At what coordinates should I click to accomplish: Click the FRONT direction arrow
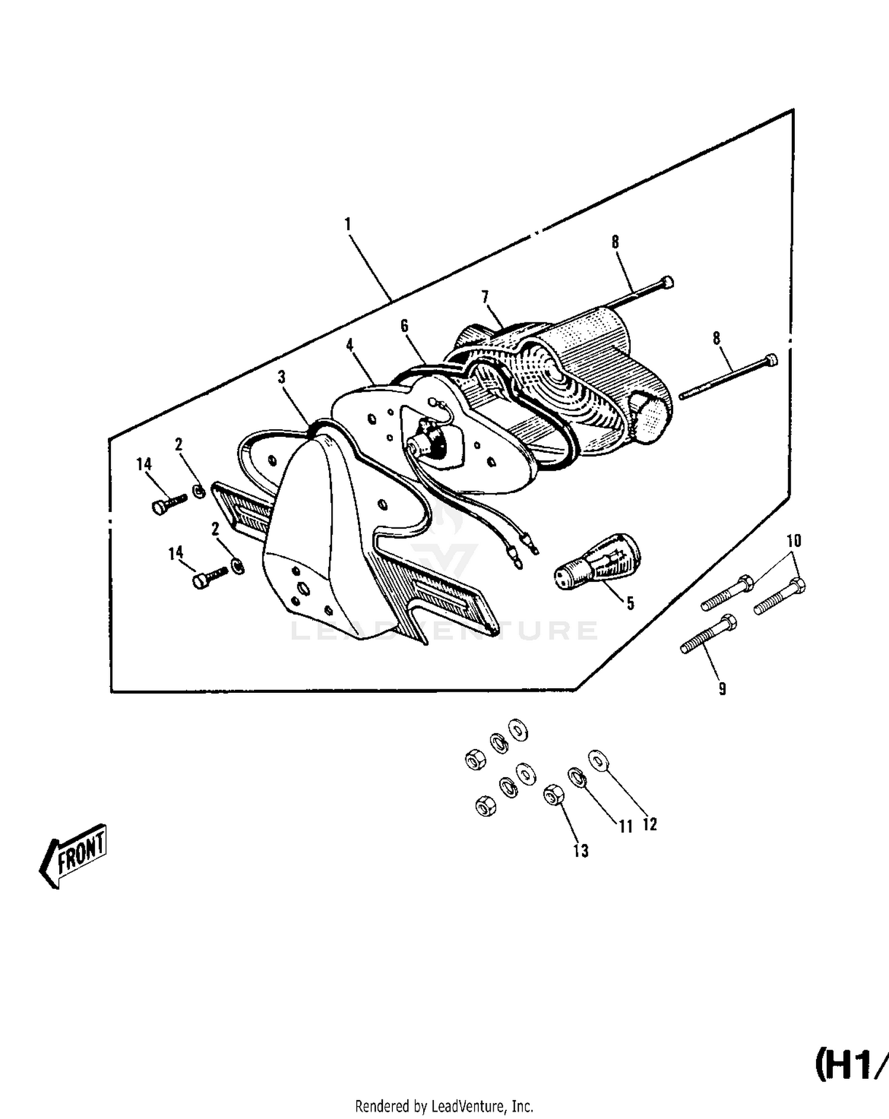[x=73, y=855]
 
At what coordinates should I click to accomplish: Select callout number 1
[x=348, y=225]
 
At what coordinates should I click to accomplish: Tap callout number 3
[x=282, y=377]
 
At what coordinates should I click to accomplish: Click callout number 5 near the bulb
[x=630, y=603]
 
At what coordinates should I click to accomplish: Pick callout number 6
[x=405, y=325]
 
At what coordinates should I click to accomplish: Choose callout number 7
[x=485, y=296]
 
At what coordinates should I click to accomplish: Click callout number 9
[x=722, y=689]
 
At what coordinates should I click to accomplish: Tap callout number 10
[x=794, y=541]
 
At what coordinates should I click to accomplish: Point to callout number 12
[x=650, y=824]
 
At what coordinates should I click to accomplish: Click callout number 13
[x=581, y=851]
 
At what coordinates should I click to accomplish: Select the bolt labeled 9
[x=709, y=635]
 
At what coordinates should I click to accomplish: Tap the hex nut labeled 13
[x=553, y=794]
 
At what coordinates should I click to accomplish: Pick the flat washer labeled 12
[x=598, y=761]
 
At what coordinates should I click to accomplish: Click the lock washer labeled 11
[x=577, y=777]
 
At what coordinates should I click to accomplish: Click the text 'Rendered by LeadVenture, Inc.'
[x=444, y=1106]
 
